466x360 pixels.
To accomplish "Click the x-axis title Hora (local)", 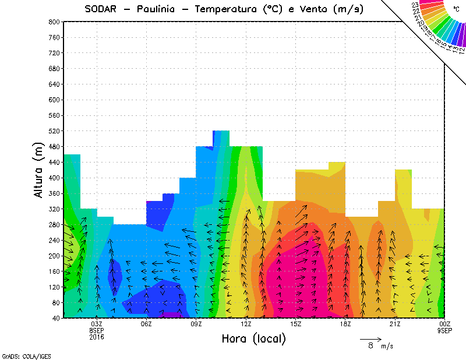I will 253,338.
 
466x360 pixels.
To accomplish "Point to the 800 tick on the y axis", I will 54,22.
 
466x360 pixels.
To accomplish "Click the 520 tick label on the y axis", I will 54,131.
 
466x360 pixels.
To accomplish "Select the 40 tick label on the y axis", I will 56,318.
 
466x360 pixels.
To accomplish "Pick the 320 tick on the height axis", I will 54,209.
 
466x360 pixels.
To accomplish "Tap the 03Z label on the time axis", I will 97,324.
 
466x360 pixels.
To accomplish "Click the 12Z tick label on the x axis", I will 246,324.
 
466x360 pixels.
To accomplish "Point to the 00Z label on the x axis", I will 444,324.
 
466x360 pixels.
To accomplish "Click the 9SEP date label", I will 445,330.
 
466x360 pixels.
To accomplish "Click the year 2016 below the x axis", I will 97,336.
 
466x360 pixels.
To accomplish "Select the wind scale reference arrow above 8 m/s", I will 370,338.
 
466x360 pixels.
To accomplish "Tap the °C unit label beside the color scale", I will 455,9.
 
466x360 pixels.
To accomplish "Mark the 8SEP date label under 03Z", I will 97,330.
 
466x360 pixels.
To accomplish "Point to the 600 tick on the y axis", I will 54,100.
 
